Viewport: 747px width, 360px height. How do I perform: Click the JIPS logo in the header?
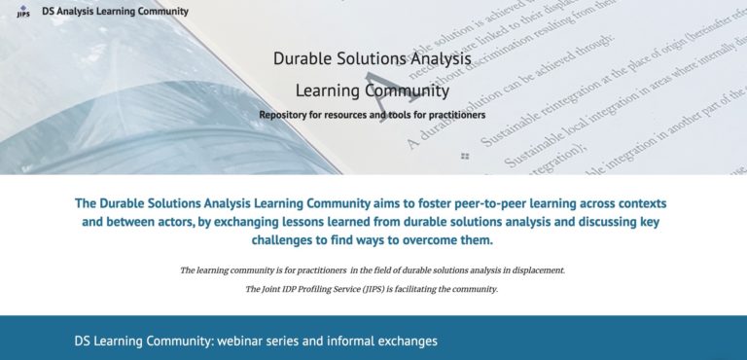22,12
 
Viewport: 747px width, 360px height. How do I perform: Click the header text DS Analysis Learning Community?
115,12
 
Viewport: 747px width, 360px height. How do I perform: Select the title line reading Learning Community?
372,91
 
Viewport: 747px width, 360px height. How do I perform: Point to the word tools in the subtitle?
387,115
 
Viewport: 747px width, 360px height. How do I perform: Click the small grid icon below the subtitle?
465,156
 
